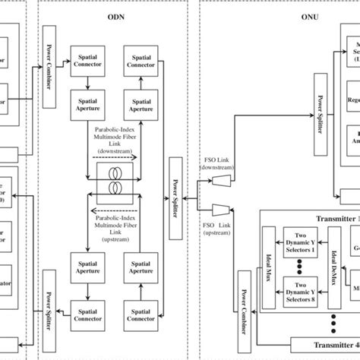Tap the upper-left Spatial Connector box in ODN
87,60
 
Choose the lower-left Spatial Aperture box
87,267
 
